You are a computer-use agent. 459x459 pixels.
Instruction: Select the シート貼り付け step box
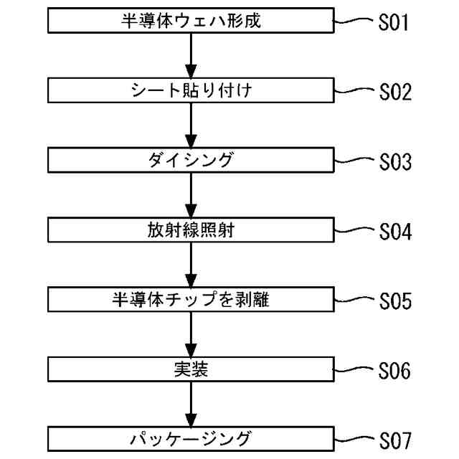(190, 91)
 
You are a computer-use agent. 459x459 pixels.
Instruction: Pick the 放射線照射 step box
(190, 231)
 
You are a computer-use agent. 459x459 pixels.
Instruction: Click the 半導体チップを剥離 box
(190, 301)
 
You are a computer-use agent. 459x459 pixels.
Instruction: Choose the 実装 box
(190, 370)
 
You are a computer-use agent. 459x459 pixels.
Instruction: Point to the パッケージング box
(190, 438)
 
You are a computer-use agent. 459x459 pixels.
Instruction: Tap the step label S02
(394, 93)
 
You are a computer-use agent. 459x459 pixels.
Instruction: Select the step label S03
(394, 163)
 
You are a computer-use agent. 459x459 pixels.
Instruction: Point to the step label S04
(394, 233)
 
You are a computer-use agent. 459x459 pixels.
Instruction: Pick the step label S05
(394, 303)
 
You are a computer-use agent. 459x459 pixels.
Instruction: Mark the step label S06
(394, 372)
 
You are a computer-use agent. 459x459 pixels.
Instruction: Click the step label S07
(394, 440)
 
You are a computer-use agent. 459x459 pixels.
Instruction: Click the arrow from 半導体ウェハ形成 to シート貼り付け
(190, 56)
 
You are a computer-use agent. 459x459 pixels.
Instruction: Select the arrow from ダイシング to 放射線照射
(190, 196)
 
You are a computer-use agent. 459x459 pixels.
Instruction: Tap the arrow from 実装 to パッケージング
(190, 404)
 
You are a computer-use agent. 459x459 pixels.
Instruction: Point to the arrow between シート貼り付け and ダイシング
(190, 126)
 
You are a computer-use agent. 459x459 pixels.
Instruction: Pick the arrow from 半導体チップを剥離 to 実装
(190, 335)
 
